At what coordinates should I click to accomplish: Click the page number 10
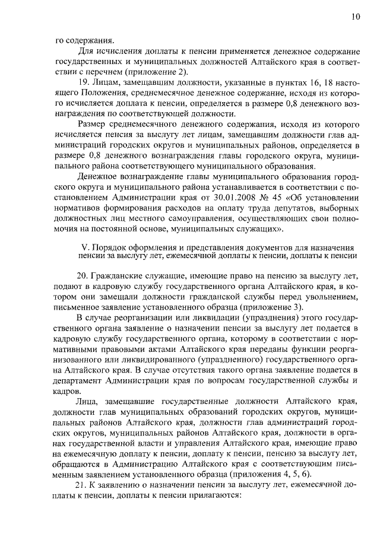pyautogui.click(x=356, y=17)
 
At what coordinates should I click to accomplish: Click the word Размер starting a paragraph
pyautogui.click(x=93, y=125)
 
